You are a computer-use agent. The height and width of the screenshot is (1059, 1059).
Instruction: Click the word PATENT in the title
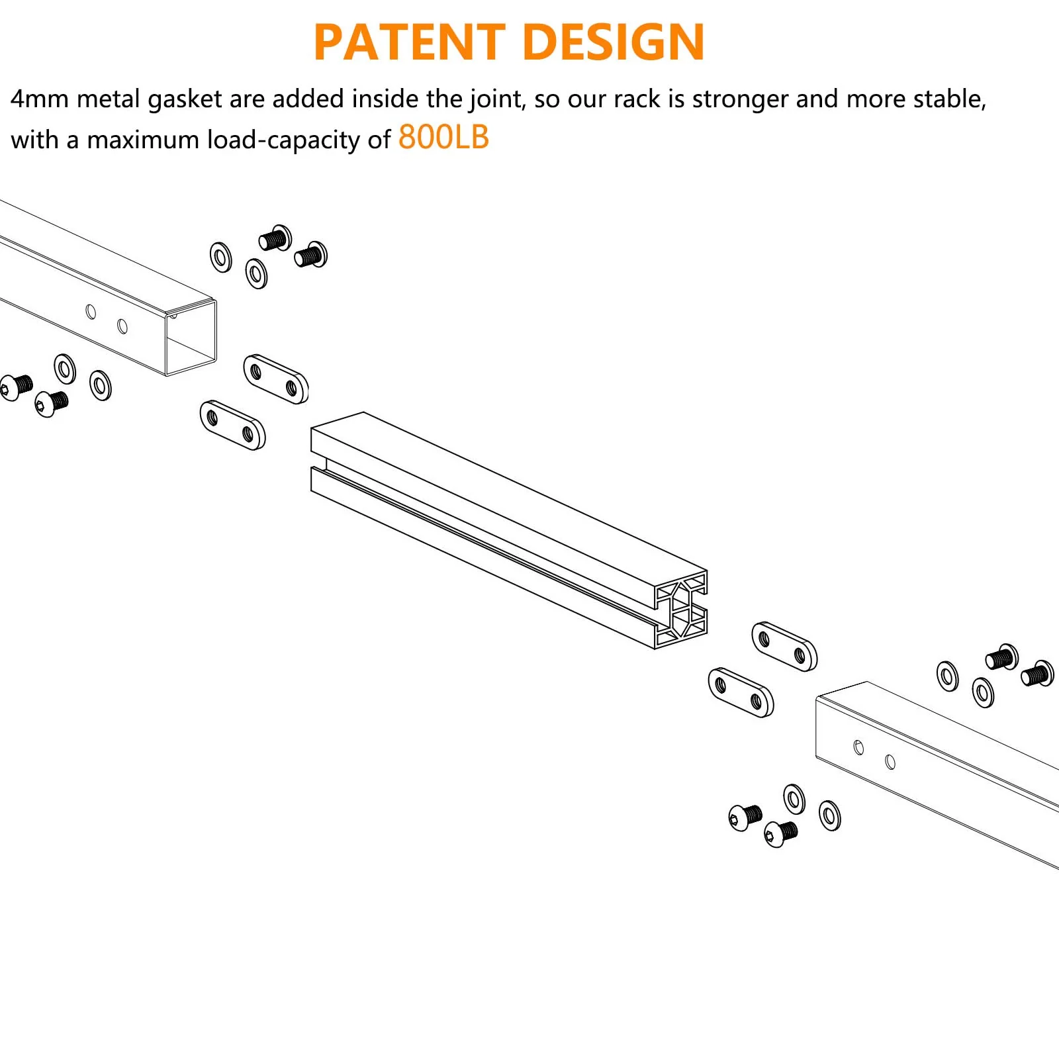coord(409,43)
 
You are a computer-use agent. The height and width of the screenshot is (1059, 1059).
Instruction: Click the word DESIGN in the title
coord(613,43)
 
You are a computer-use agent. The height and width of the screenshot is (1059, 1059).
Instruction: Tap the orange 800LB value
coord(443,138)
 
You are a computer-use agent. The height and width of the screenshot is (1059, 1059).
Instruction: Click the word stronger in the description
coord(741,99)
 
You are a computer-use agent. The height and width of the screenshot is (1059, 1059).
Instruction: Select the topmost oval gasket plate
coord(275,379)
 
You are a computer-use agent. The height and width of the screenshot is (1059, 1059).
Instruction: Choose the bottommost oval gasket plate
coord(741,693)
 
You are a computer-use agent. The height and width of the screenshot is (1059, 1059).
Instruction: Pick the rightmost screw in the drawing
coord(1037,674)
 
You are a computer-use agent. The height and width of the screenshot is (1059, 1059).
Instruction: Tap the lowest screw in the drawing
coord(781,833)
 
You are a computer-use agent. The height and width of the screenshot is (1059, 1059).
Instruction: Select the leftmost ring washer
coord(65,369)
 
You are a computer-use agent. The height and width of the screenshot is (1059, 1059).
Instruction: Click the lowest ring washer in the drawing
coord(830,815)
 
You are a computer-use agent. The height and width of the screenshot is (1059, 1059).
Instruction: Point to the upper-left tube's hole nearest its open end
coord(122,326)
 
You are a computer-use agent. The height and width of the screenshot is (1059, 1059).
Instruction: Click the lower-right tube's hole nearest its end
coord(858,747)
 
